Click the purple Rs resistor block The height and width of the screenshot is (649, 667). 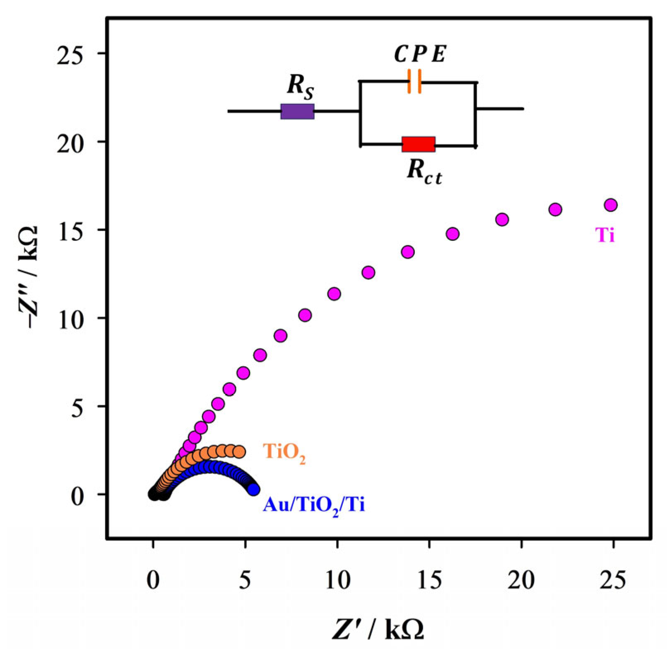click(297, 111)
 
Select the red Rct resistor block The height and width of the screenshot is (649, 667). click(418, 144)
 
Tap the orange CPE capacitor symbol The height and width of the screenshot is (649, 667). click(414, 81)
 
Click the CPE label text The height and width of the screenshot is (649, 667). click(420, 55)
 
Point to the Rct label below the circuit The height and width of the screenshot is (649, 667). click(424, 171)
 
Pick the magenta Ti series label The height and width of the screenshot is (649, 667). click(605, 236)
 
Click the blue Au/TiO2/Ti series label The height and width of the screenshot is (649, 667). click(314, 505)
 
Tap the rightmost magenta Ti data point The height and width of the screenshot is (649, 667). click(611, 205)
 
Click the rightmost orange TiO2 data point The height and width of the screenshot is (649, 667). click(239, 451)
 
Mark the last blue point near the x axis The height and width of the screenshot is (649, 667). click(253, 489)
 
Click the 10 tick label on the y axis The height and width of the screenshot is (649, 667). click(69, 318)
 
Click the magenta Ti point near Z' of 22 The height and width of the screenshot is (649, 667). click(555, 209)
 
